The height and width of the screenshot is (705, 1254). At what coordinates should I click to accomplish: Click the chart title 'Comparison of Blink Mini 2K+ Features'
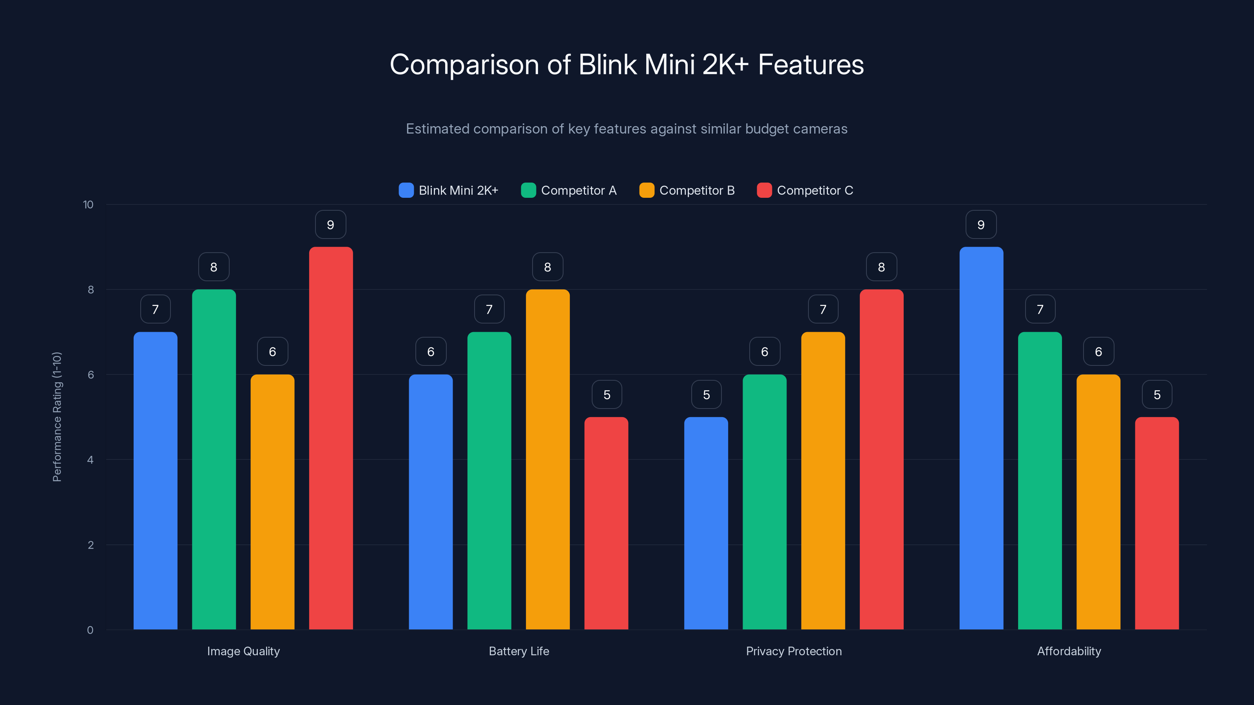(x=627, y=65)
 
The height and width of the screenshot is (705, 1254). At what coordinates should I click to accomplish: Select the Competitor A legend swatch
(x=528, y=190)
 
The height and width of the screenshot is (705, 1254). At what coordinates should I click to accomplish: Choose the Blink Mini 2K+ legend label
(x=458, y=190)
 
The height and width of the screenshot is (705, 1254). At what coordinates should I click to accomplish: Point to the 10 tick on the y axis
(x=88, y=205)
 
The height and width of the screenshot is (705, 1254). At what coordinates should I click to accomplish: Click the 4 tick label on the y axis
(x=90, y=460)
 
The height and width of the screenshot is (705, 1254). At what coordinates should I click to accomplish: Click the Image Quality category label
(x=243, y=651)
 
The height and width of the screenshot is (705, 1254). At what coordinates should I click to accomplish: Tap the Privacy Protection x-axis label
(x=794, y=651)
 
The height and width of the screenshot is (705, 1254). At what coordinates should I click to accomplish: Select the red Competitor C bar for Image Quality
(x=330, y=438)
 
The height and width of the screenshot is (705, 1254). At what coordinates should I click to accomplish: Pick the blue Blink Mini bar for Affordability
(x=981, y=438)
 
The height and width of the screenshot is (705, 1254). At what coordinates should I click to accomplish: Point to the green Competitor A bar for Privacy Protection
(x=764, y=502)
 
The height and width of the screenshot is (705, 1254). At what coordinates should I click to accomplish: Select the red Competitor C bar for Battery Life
(x=606, y=523)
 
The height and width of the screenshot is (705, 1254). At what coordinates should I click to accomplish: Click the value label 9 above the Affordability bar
(x=981, y=225)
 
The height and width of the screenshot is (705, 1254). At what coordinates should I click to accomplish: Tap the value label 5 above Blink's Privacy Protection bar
(x=706, y=394)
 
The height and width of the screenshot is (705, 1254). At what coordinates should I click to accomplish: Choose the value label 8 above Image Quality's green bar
(x=214, y=267)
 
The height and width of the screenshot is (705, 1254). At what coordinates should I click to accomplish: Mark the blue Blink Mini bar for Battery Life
(x=430, y=502)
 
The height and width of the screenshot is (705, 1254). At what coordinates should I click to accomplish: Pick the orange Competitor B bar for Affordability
(x=1098, y=502)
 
